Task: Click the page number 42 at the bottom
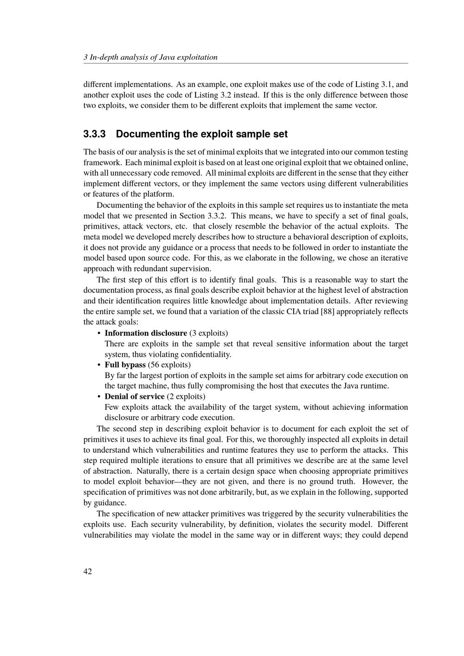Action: tap(88, 572)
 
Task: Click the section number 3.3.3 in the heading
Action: tap(95, 135)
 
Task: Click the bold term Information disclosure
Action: tap(146, 333)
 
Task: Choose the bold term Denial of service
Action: tap(135, 397)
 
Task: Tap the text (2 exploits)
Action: tap(186, 397)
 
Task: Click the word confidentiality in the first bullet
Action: tap(209, 354)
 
